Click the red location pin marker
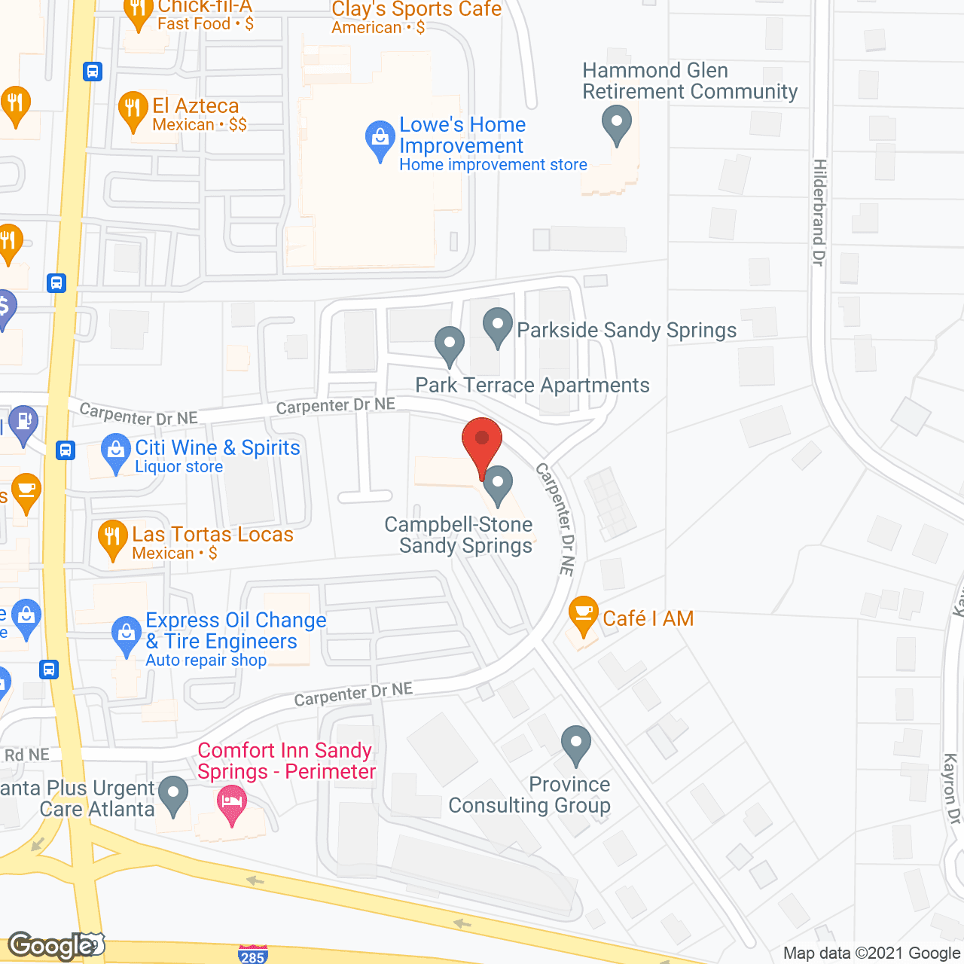tap(482, 441)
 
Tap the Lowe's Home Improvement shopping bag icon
tap(380, 139)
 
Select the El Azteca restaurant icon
tap(133, 110)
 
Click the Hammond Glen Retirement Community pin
tap(617, 122)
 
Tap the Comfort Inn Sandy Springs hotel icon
tap(232, 802)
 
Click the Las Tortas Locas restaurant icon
tap(112, 537)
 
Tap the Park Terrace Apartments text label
tap(532, 385)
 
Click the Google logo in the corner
tap(51, 946)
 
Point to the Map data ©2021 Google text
tap(871, 953)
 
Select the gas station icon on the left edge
tap(23, 421)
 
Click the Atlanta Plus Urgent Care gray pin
tap(174, 794)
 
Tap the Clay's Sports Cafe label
tap(416, 10)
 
